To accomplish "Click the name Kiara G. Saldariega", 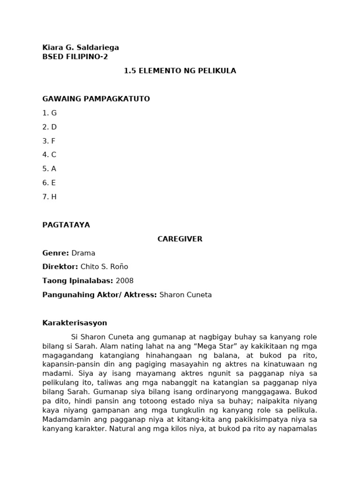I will tap(80, 47).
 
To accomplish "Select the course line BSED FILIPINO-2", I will tap(75, 57).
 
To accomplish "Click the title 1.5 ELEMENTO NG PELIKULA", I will tap(180, 71).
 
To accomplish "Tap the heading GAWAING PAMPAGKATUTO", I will tap(96, 99).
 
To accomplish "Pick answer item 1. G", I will tap(49, 113).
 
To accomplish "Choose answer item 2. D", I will tap(49, 127).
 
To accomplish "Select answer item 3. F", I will tap(49, 141).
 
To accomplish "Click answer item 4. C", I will tap(49, 155).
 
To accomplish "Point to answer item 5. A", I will tap(49, 169).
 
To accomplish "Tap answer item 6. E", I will tap(49, 183).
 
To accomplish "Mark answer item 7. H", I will tap(49, 197).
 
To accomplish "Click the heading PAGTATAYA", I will tap(66, 225).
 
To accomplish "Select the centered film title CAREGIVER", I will tap(180, 239).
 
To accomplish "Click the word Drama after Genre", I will tap(83, 253).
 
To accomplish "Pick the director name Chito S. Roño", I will tap(104, 267).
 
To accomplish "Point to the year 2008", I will tap(124, 281).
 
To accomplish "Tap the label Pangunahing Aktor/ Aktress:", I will tap(99, 295).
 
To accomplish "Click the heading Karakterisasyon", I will tap(75, 323).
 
